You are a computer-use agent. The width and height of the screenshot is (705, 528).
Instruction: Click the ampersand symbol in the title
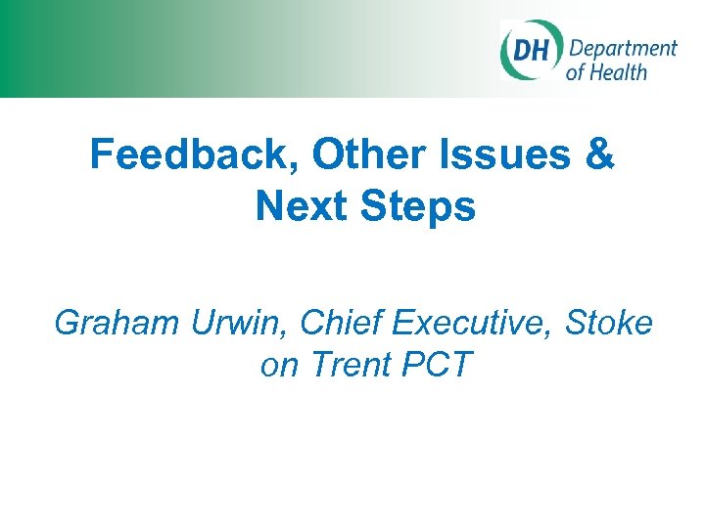click(601, 156)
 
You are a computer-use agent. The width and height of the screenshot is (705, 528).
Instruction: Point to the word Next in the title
click(301, 206)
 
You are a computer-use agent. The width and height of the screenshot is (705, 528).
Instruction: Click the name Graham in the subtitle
click(114, 323)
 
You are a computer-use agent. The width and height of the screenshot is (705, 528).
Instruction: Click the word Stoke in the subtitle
click(610, 323)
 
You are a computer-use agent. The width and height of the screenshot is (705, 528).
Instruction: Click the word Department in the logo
click(623, 49)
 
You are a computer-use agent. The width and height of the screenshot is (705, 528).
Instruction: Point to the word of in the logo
click(576, 72)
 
